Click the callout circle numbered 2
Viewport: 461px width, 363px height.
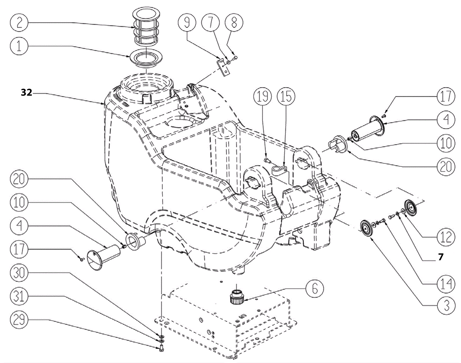pyautogui.click(x=19, y=22)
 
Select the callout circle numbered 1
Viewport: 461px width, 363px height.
pyautogui.click(x=19, y=46)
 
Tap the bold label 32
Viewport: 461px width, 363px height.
pyautogui.click(x=26, y=93)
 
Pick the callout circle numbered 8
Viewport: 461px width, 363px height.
pyautogui.click(x=234, y=22)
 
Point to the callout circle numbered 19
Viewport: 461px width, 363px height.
pyautogui.click(x=262, y=96)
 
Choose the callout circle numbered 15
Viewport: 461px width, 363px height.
pyautogui.click(x=286, y=96)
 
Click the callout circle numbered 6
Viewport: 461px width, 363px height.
pyautogui.click(x=315, y=288)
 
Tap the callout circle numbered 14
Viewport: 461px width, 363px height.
pyautogui.click(x=446, y=284)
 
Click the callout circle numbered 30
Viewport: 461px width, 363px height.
pyautogui.click(x=19, y=273)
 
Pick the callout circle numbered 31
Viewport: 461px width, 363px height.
pyautogui.click(x=19, y=296)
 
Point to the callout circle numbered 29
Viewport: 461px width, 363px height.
pyautogui.click(x=19, y=320)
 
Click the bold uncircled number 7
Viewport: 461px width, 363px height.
pyautogui.click(x=441, y=257)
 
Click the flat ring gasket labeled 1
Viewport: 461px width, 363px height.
pyautogui.click(x=146, y=58)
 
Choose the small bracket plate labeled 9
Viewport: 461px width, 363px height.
pyautogui.click(x=223, y=67)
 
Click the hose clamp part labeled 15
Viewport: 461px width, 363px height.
pyautogui.click(x=279, y=170)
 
